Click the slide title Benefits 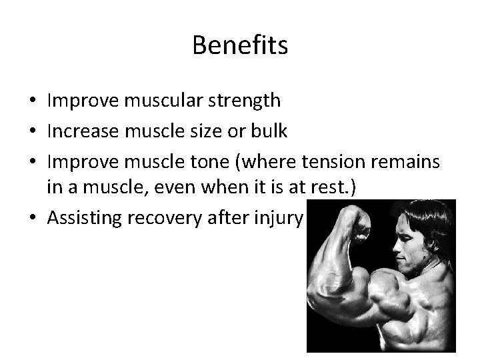click(240, 45)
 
